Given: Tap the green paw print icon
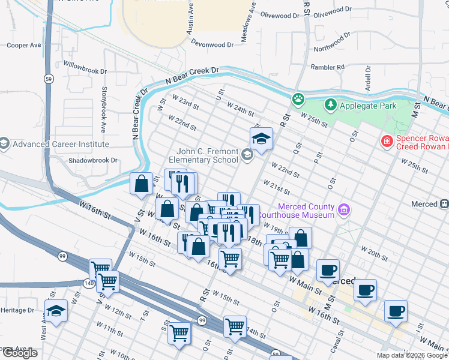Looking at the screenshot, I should tap(298, 98).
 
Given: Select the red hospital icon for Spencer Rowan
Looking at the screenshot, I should tap(388, 141).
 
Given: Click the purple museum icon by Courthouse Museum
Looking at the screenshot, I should tap(343, 209).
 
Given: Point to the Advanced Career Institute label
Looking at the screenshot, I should tap(61, 144).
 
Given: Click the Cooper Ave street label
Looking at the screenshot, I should tap(24, 45).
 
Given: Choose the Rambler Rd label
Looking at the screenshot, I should tap(327, 67).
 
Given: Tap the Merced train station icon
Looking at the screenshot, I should tap(444, 204).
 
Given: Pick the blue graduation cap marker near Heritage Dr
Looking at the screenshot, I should tap(56, 311).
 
